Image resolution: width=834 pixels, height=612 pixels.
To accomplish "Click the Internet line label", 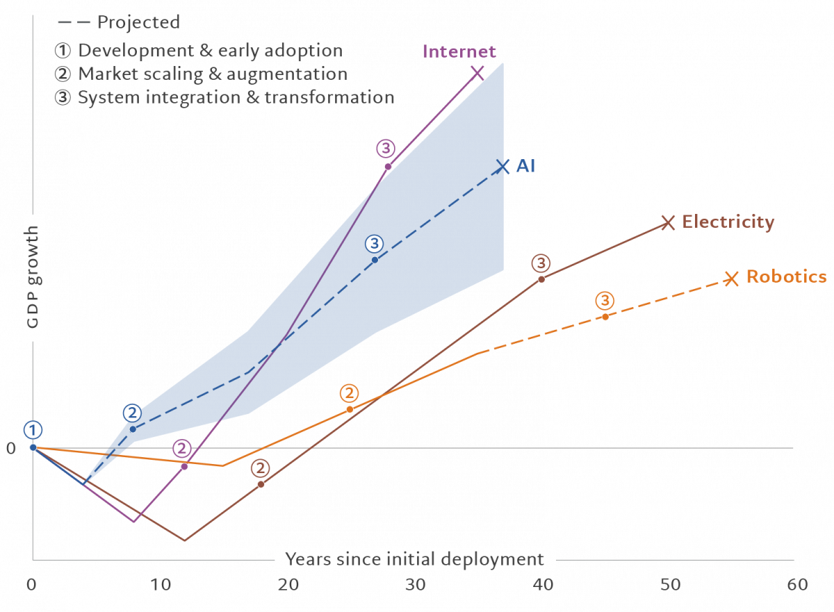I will tap(459, 51).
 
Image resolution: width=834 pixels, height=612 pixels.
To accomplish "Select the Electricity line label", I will tap(728, 222).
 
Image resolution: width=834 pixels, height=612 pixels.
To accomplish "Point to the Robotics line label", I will tap(786, 276).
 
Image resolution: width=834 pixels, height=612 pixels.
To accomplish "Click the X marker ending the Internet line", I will tap(477, 73).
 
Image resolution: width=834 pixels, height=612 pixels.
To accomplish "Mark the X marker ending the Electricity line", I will tap(667, 222).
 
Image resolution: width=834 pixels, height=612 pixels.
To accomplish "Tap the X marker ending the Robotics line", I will tap(730, 279).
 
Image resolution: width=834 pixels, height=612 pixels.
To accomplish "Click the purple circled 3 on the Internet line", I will tap(386, 149).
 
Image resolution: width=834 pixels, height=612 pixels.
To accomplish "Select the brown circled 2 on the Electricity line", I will tap(261, 468).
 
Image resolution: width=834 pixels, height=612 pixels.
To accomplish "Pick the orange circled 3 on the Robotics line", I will tap(605, 301).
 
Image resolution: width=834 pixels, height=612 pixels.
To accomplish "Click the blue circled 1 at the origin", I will tap(32, 430).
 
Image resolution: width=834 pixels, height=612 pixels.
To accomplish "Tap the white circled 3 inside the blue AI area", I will tap(375, 244).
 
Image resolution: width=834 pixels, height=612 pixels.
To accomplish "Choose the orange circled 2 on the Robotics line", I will tap(349, 393).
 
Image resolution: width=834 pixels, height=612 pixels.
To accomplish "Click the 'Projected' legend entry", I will tap(138, 22).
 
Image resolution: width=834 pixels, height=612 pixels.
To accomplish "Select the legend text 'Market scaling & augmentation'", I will tap(212, 74).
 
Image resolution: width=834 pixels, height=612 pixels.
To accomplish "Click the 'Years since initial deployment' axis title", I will tap(414, 559).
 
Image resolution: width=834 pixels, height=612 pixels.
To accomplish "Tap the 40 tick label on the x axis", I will tap(542, 585).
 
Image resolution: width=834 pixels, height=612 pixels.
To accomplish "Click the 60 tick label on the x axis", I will tap(797, 585).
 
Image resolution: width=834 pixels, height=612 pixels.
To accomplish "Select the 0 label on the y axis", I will tap(10, 448).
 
